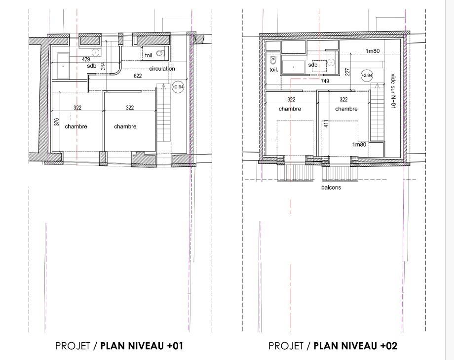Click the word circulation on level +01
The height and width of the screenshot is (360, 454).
162,69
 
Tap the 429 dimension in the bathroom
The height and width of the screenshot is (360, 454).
86,60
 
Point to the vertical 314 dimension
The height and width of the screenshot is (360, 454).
103,66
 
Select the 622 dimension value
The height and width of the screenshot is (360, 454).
138,76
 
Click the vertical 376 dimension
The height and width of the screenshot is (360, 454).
57,121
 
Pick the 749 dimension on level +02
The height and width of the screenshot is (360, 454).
325,81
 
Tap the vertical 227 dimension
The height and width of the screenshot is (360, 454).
348,72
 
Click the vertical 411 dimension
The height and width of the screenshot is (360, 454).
326,124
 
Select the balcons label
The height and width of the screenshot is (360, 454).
331,188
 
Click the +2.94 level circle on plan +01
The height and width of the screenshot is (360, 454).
178,87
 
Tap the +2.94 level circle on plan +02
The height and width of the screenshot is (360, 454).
367,76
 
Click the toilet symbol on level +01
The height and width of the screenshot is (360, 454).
160,53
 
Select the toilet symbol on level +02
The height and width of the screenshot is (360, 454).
273,61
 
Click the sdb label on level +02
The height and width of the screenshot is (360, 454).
313,65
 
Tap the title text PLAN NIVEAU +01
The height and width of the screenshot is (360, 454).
142,346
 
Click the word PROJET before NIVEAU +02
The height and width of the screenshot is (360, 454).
286,346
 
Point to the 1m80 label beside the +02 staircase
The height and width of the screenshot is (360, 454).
359,144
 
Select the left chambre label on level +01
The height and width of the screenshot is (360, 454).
76,126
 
